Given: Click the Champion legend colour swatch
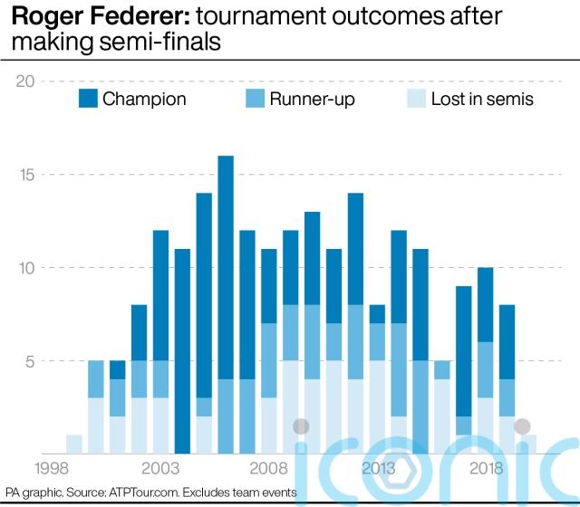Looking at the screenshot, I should (x=88, y=99).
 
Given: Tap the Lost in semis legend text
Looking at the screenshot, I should (x=482, y=99).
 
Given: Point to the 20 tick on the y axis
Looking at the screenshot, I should (x=25, y=81).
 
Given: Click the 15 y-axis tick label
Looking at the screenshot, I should (x=25, y=175).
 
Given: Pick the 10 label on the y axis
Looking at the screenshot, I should (x=25, y=268).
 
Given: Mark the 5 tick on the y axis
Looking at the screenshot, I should (x=28, y=361).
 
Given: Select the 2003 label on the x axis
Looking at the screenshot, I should (x=160, y=468).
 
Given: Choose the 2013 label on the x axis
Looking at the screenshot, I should (x=378, y=468).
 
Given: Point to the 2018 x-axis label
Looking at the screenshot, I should (x=487, y=468).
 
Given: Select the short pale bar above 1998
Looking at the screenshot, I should (x=74, y=444).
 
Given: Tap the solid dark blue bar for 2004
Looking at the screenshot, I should (x=182, y=351).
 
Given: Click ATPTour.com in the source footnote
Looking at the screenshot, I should (x=145, y=492).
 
